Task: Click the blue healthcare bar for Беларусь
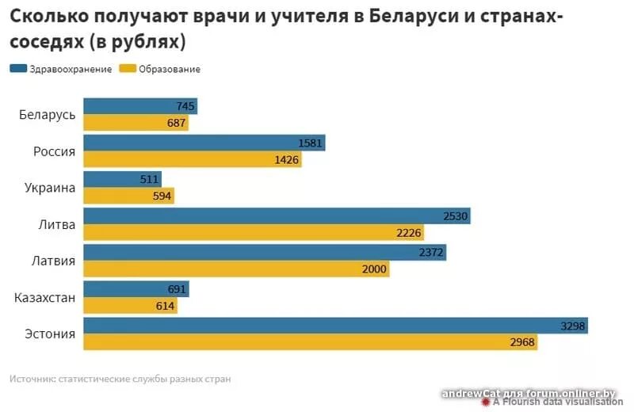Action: pos(139,106)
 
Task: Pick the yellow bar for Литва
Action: pos(253,233)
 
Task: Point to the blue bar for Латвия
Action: pos(264,252)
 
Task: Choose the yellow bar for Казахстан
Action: pos(130,306)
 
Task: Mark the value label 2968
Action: pos(523,343)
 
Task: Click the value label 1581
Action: pos(311,143)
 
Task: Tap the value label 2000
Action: pos(375,269)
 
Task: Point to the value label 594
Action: pos(162,196)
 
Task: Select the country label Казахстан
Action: pos(45,298)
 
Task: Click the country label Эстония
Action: pos(48,334)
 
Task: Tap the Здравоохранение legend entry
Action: pos(60,69)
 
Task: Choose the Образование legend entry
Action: pos(160,69)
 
